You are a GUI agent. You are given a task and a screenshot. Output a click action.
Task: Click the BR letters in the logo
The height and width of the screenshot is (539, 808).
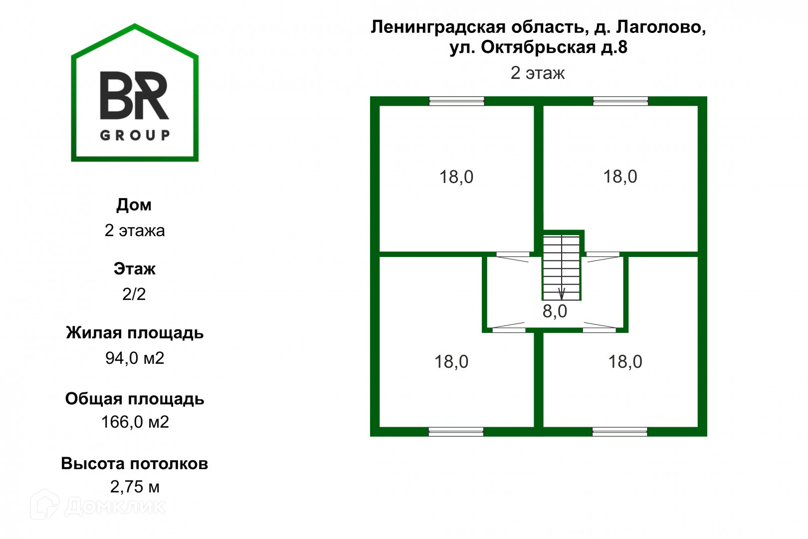click(135, 95)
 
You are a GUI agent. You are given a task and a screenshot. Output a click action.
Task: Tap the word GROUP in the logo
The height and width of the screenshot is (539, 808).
click(135, 135)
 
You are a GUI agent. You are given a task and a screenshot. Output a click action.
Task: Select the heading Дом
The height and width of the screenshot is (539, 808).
click(134, 205)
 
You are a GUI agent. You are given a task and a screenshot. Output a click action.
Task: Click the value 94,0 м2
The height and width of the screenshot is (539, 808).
click(135, 358)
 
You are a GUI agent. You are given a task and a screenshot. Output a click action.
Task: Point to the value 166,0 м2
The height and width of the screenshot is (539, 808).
click(135, 422)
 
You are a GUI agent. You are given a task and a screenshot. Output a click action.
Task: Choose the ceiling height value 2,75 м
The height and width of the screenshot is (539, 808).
click(135, 487)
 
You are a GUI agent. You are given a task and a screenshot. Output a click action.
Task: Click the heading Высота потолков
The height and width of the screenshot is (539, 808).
click(134, 463)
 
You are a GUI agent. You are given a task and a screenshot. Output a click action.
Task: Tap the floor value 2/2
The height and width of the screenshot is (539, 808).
click(134, 294)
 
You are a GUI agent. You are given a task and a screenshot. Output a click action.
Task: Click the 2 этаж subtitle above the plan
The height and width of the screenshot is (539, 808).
click(537, 73)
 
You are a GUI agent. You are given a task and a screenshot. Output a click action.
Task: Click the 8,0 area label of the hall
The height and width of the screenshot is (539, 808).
click(555, 311)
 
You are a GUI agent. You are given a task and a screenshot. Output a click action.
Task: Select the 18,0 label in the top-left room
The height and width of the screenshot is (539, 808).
click(456, 177)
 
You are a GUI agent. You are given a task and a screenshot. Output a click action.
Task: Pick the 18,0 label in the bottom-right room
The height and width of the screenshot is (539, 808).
click(625, 362)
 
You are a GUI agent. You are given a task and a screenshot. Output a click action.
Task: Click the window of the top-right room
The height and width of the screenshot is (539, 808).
click(620, 101)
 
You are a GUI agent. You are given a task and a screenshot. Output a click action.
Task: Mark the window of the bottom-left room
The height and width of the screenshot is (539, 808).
click(456, 432)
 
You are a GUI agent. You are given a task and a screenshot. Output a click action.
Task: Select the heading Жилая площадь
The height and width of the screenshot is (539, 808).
click(135, 332)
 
